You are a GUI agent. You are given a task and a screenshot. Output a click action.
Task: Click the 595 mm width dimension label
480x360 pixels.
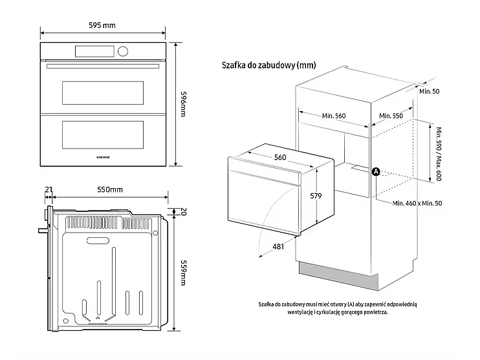tap(102, 25)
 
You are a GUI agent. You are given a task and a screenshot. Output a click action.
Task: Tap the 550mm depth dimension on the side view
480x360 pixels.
tap(110, 189)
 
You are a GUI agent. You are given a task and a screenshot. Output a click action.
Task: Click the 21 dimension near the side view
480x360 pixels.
tap(49, 189)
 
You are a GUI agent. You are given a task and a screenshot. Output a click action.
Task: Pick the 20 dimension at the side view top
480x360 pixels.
tap(183, 211)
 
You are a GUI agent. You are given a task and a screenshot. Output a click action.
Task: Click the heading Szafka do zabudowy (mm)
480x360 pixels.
tap(268, 65)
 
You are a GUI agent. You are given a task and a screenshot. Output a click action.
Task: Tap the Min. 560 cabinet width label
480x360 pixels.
tap(334, 116)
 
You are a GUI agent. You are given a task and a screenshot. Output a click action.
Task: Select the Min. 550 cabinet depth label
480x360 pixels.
tap(391, 116)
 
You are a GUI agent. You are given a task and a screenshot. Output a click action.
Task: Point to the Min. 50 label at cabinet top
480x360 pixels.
tap(429, 91)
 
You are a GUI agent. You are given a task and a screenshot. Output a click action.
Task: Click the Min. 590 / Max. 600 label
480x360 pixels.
tap(439, 153)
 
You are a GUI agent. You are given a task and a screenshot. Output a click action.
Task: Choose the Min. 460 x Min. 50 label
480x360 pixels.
tap(417, 203)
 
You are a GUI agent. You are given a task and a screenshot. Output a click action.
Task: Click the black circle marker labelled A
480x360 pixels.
tap(376, 171)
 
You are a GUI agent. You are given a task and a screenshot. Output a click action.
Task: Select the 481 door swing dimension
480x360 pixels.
tap(278, 246)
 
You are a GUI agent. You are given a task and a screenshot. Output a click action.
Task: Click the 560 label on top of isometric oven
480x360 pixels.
tap(279, 158)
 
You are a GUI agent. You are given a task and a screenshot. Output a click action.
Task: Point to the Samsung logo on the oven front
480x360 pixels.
tap(103, 155)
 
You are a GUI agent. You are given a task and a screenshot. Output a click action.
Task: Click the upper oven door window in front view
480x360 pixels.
tap(102, 92)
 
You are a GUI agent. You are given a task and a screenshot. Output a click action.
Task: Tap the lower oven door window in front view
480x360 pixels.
tap(102, 133)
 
